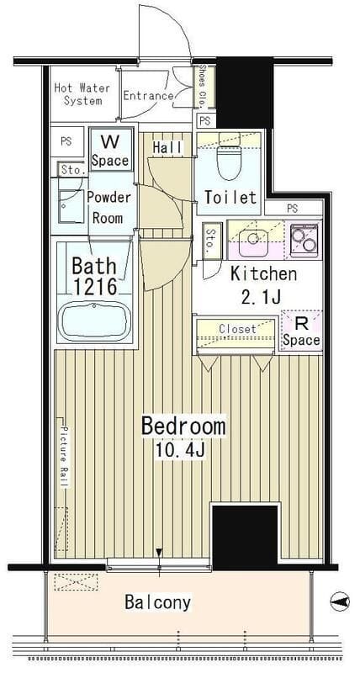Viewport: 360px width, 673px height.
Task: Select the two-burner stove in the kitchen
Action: [304, 240]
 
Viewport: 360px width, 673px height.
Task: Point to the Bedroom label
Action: [183, 427]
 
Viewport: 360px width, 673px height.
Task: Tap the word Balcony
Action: [157, 603]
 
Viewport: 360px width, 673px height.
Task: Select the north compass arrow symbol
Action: [340, 601]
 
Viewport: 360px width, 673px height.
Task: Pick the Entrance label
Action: [149, 96]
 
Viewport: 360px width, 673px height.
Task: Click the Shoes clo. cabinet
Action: [201, 87]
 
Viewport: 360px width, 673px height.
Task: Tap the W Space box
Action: [110, 151]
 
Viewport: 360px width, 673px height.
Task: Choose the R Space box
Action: [301, 331]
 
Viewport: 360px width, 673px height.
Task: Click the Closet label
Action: [237, 329]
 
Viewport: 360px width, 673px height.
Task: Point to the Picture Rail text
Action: [64, 457]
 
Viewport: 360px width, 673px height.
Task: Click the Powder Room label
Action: [109, 208]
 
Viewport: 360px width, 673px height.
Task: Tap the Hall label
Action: [167, 148]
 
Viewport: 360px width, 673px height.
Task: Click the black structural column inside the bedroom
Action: [245, 536]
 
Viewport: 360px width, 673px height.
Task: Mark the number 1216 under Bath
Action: [95, 286]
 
